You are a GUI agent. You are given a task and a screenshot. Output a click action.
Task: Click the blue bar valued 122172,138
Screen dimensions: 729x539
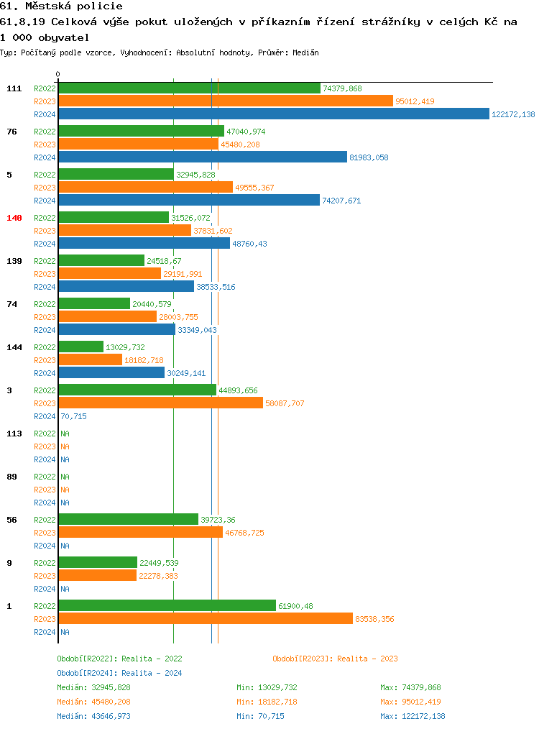(273, 114)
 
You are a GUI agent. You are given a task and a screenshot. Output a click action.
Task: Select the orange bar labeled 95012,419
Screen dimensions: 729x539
(226, 101)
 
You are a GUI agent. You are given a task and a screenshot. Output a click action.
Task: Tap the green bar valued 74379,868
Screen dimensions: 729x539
(189, 88)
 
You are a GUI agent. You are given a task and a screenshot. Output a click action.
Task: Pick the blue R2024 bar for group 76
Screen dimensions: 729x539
(203, 157)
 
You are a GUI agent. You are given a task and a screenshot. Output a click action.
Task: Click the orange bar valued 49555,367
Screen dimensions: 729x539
(146, 188)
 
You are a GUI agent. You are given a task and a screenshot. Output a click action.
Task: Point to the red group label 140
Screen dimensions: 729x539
(14, 218)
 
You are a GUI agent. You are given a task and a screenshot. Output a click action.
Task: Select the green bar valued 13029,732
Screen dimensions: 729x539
(81, 347)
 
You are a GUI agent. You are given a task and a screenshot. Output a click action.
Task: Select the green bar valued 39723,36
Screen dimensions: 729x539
(129, 520)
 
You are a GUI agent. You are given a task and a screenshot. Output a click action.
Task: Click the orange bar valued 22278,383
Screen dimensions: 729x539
(98, 576)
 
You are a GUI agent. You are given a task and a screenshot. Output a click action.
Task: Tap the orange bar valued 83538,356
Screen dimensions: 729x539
(206, 619)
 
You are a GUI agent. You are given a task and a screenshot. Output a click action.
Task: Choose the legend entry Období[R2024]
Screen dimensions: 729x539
(87, 673)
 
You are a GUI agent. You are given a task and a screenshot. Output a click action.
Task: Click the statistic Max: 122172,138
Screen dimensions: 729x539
(413, 716)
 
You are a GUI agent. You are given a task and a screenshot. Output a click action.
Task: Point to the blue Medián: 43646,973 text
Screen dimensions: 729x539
(94, 716)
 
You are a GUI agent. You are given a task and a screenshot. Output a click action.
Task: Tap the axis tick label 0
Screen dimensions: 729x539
(58, 74)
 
